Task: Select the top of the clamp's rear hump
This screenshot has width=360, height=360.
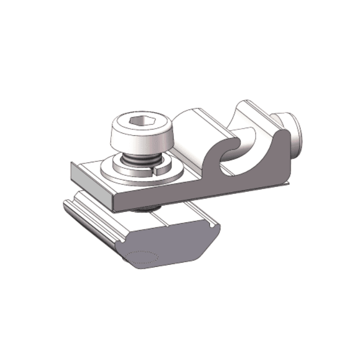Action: pyautogui.click(x=252, y=104)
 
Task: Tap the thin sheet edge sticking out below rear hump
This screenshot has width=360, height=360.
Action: pyautogui.click(x=284, y=184)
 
